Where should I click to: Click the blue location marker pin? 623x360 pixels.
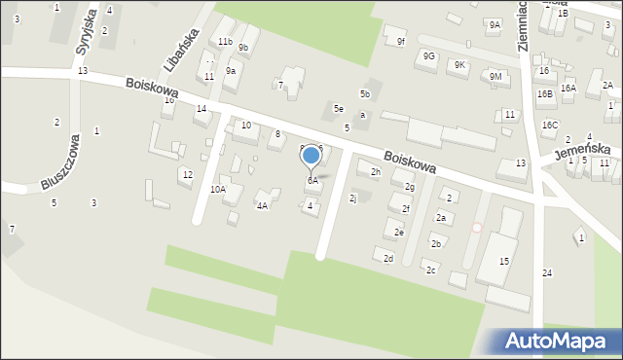(311, 157)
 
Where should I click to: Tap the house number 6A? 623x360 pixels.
(312, 181)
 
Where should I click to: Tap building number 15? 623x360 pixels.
(504, 262)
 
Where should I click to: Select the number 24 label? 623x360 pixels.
(547, 272)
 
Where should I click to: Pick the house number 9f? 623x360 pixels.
(400, 41)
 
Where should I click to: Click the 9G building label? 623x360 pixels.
(428, 56)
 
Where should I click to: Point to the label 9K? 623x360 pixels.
(460, 65)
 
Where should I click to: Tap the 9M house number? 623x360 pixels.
(495, 76)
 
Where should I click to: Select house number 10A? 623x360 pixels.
(217, 190)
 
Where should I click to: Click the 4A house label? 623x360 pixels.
(262, 205)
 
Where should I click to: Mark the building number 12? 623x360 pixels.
(187, 174)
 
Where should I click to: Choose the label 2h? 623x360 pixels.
(376, 172)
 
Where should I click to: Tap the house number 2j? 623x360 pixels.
(353, 198)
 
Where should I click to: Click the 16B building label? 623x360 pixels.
(544, 93)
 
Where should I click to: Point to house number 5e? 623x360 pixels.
(338, 108)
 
